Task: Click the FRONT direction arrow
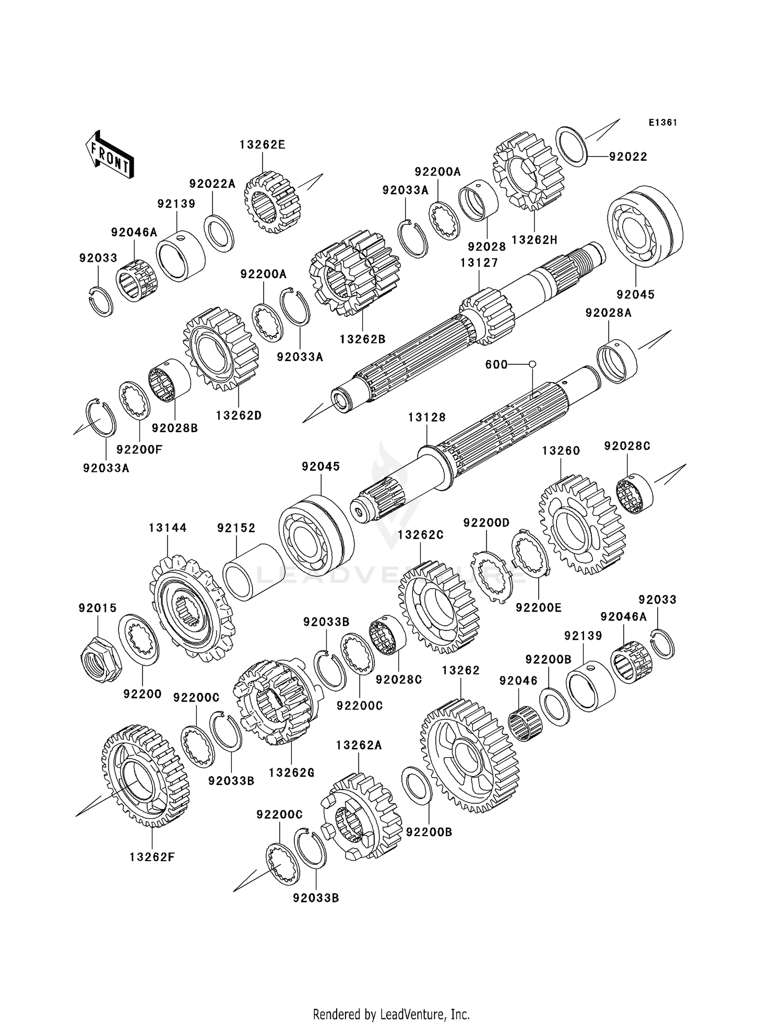click(x=110, y=155)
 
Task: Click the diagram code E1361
click(x=662, y=123)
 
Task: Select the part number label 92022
click(x=628, y=157)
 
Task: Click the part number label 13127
click(x=479, y=263)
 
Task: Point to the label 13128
click(x=427, y=417)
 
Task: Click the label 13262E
click(x=263, y=145)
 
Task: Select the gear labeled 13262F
click(x=146, y=776)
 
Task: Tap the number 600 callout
click(x=496, y=364)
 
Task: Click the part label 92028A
click(x=608, y=313)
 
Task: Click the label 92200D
click(x=486, y=522)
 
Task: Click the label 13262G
click(x=291, y=772)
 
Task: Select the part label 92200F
click(x=139, y=449)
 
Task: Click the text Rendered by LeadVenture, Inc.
click(x=391, y=1014)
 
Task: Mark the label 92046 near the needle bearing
click(x=518, y=681)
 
